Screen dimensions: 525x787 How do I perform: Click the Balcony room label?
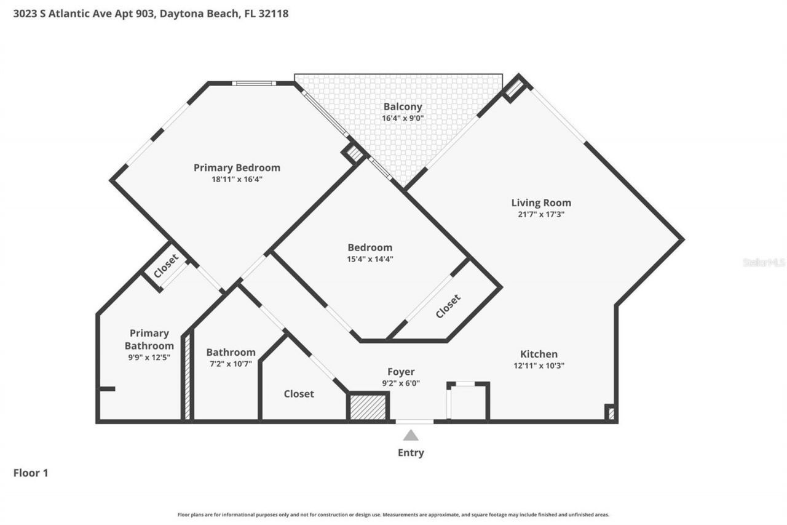point(403,106)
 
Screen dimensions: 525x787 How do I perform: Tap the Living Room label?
point(541,202)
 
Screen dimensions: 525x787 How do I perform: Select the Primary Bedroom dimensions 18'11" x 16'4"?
point(237,179)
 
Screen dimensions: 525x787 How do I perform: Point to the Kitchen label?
point(539,354)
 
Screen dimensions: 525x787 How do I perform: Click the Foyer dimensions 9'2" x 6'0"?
point(400,383)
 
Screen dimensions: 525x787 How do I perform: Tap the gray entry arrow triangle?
point(411,435)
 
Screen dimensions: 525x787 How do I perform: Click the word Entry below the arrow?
point(411,453)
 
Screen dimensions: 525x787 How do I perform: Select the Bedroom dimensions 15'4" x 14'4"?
point(370,259)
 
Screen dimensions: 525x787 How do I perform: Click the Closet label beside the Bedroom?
point(448,307)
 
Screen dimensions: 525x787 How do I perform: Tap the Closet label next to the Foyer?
point(299,394)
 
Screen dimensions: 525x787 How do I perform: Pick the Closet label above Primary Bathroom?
point(166,266)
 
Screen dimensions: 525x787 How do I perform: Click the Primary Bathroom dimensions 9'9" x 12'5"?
point(149,357)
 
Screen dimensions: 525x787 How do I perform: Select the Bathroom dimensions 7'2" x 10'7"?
point(231,364)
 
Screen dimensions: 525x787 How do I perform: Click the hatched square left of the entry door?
point(368,407)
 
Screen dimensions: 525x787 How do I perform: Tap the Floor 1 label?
point(31,473)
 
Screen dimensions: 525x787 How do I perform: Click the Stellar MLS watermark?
point(764,262)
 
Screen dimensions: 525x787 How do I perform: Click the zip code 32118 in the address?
point(274,13)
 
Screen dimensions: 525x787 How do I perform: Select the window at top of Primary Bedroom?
point(253,83)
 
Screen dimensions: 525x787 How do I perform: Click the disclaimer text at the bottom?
point(393,515)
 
